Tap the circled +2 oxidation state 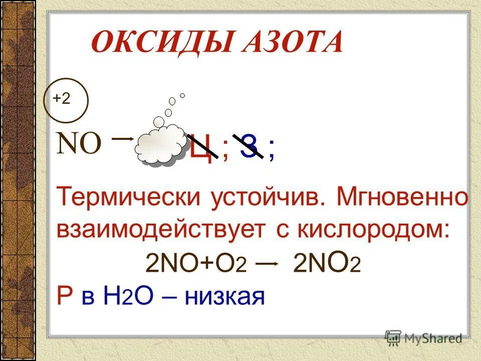pos(62,100)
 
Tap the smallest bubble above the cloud pos(182,95)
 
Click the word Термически pos(128,198)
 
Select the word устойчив pos(266,198)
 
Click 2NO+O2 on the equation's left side pos(196,264)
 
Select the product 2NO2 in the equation pos(326,264)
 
